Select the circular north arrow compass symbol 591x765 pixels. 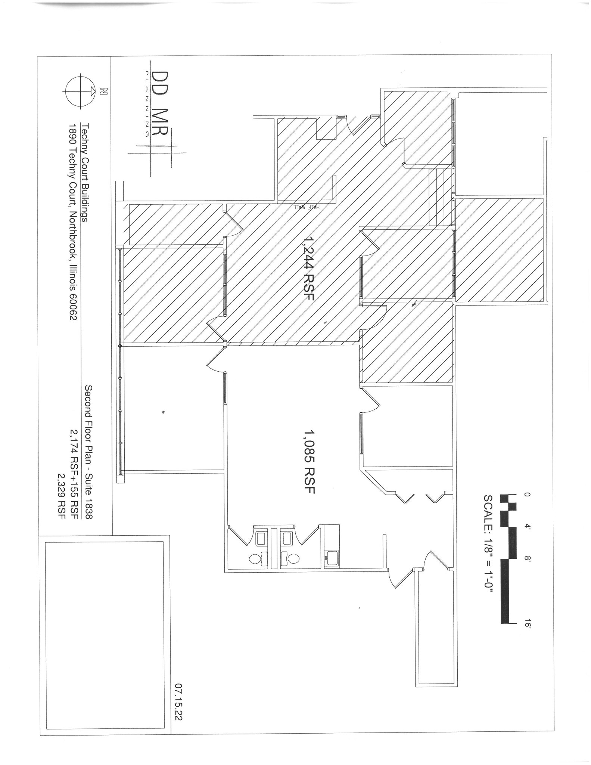78,91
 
